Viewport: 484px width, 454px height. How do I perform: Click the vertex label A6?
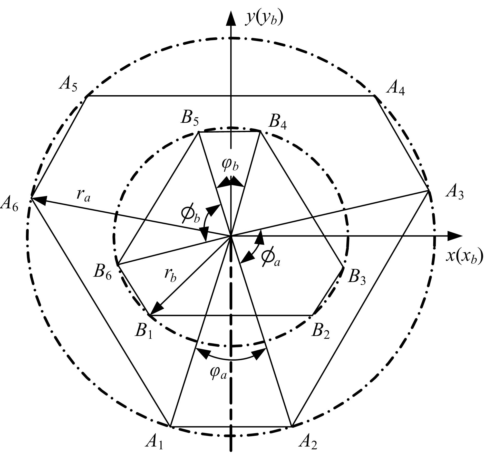pyautogui.click(x=9, y=204)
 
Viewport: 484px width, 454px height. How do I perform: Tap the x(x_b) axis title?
pyautogui.click(x=464, y=256)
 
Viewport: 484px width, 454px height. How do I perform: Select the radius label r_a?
pyautogui.click(x=83, y=196)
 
